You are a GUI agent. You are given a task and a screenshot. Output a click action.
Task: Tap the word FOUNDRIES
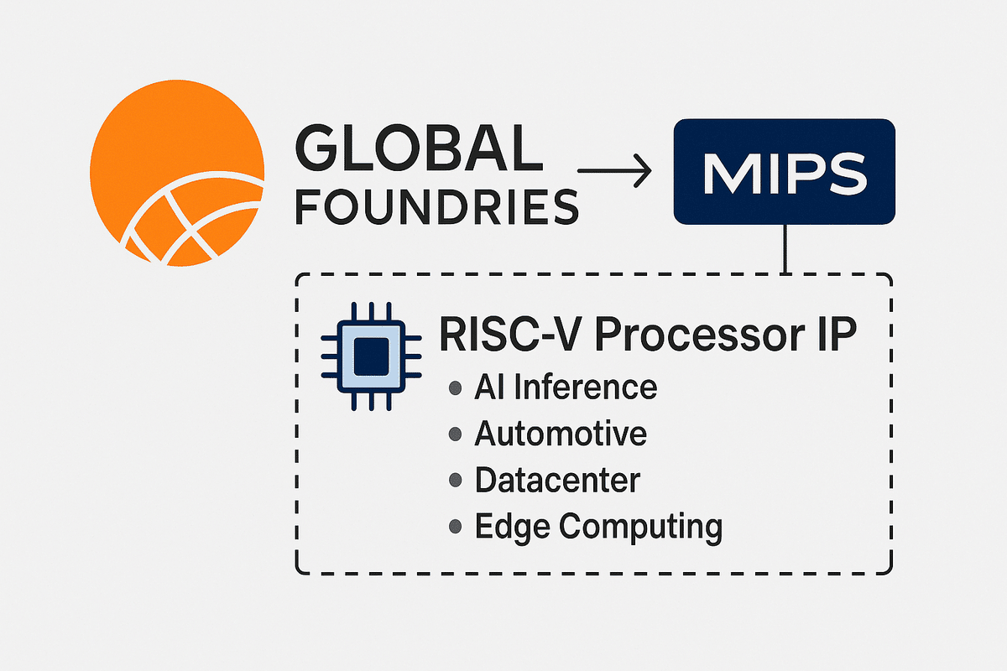[436, 206]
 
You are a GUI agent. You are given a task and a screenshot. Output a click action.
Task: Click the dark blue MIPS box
[784, 172]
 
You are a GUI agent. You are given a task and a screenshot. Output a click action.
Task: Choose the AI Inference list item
[565, 388]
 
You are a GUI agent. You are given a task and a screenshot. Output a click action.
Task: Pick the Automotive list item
[561, 434]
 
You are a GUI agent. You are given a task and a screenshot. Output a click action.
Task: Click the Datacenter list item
[557, 481]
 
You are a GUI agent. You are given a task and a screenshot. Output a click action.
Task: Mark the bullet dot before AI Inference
[456, 388]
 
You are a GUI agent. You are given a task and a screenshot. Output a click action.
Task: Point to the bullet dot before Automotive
[456, 434]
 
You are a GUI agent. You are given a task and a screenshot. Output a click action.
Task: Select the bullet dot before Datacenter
[456, 481]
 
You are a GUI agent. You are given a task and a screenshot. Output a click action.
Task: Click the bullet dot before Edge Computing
[456, 527]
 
